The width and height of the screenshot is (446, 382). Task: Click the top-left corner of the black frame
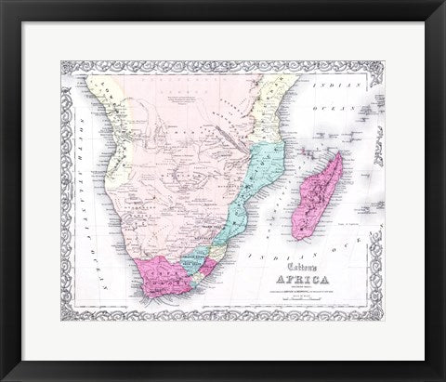(x=4, y=4)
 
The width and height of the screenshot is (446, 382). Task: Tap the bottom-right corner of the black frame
(x=442, y=378)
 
